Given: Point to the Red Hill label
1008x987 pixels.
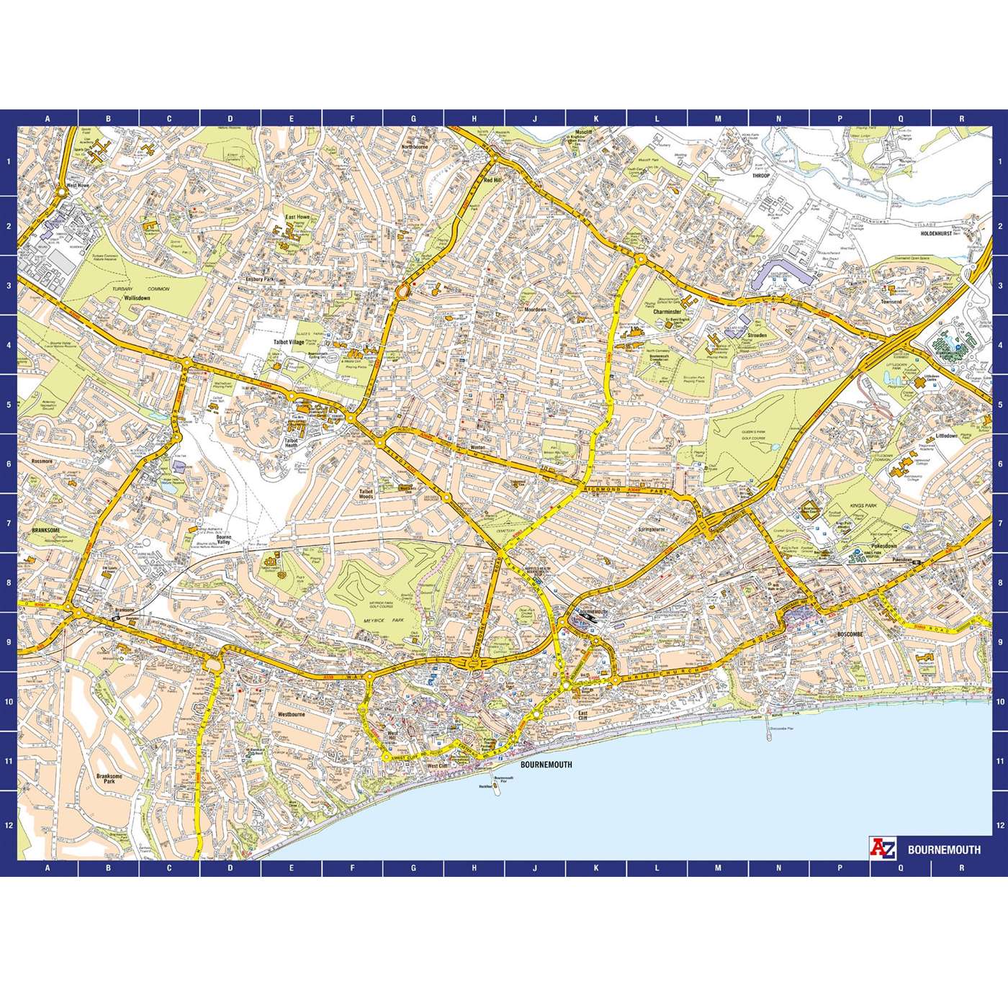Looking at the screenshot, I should [492, 181].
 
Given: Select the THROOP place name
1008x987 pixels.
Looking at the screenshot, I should [761, 175].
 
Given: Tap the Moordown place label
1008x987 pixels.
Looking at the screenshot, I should [536, 310].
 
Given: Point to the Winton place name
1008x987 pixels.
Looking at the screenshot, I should [478, 446].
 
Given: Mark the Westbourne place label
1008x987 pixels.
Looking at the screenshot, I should [292, 715].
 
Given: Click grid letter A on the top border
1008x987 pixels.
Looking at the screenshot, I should [48, 119].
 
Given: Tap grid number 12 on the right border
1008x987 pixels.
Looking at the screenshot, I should [1000, 825].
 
